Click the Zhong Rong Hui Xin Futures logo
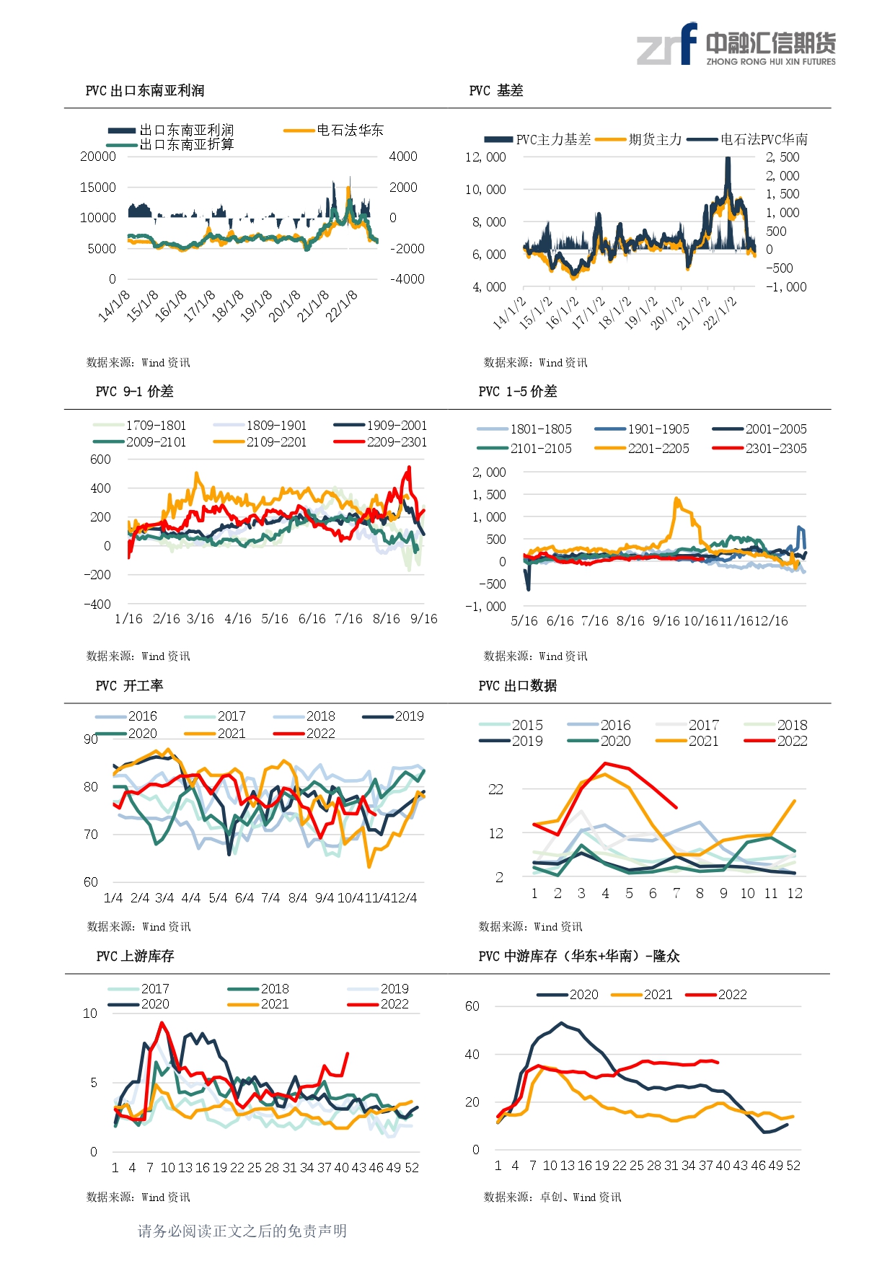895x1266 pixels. (736, 45)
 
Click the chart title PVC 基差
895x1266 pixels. (496, 90)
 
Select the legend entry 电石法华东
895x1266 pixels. (333, 130)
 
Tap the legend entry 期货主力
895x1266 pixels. (638, 139)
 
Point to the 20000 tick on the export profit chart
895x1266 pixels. (98, 157)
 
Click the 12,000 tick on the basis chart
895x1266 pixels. (485, 157)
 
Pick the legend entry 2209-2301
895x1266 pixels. (381, 441)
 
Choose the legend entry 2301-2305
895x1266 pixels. (759, 448)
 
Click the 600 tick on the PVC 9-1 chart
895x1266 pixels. (101, 460)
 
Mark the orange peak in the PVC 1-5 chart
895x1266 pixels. (676, 498)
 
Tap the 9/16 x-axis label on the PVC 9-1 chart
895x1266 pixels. (424, 619)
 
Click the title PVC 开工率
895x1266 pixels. (130, 685)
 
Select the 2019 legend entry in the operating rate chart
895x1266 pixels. (393, 716)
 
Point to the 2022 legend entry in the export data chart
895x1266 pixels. (776, 741)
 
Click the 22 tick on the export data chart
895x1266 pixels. (495, 789)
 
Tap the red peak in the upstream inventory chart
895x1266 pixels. (162, 1023)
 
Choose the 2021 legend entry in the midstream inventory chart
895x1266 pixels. (642, 995)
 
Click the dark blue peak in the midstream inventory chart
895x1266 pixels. (562, 1023)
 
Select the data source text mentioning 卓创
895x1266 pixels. (552, 1197)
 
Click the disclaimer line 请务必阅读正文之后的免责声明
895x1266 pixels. (242, 1231)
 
